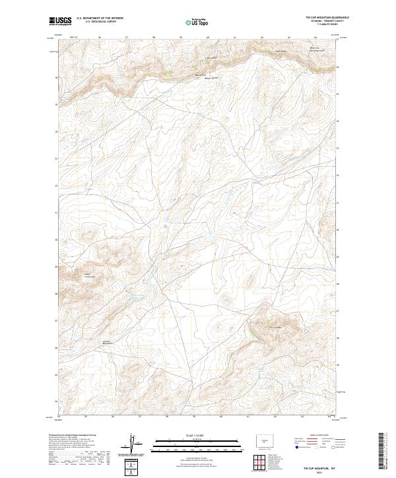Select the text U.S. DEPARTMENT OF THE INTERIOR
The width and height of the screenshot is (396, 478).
[x=100, y=18]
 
